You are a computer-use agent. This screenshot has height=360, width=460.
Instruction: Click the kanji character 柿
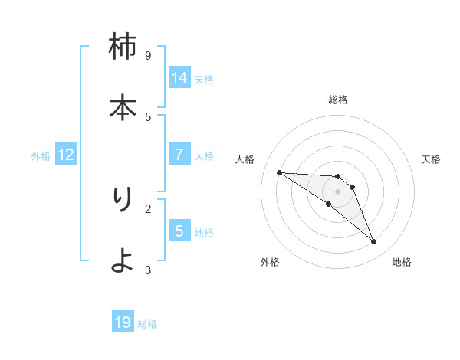123,47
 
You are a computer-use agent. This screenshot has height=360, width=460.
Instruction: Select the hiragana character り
123,199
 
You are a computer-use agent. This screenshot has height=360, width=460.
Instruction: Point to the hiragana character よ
123,260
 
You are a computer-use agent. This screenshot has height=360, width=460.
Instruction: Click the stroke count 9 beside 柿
148,55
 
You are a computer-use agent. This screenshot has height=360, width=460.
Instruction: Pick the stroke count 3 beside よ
148,270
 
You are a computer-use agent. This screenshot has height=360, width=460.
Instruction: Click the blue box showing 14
179,78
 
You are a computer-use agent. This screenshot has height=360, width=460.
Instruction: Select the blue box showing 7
179,155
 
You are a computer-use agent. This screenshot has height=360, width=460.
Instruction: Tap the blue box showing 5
179,231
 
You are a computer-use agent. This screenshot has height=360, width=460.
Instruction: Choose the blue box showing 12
66,155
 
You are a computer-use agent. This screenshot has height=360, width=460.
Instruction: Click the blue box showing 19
123,322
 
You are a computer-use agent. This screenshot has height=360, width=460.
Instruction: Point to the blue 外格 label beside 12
41,156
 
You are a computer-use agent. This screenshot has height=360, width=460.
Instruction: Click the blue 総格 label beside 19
147,324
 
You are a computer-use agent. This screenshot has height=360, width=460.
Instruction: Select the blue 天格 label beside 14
204,80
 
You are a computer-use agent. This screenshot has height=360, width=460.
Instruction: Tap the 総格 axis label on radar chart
338,100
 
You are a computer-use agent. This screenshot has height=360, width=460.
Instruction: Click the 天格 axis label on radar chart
431,159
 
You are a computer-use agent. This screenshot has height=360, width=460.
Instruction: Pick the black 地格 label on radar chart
402,262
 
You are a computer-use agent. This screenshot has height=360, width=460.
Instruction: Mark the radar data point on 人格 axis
279,172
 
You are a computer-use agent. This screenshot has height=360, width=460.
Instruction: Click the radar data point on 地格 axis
374,242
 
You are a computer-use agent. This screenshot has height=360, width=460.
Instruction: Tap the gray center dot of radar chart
338,191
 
